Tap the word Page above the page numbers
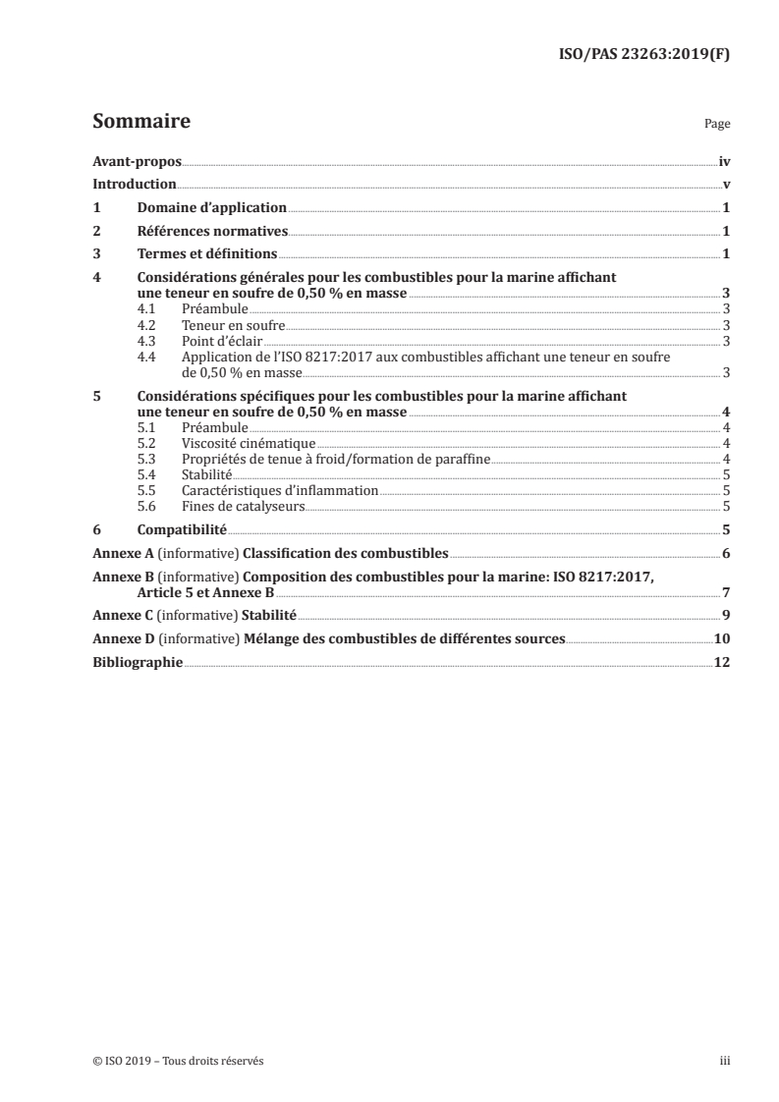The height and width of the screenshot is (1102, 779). click(717, 126)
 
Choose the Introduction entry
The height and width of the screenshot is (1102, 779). click(134, 184)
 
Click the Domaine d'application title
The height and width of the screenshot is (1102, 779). click(211, 207)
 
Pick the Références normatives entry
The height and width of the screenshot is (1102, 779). click(212, 231)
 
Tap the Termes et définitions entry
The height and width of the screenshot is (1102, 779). click(208, 254)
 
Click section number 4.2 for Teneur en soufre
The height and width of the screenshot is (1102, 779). click(146, 325)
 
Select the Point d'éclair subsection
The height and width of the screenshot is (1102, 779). click(215, 341)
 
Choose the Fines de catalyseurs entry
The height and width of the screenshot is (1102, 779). click(244, 507)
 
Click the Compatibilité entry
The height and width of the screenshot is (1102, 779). click(182, 530)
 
